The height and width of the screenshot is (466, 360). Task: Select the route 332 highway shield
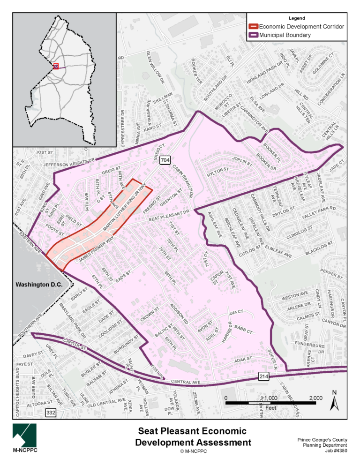coord(51,413)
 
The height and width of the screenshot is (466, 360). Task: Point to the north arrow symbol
coord(333,399)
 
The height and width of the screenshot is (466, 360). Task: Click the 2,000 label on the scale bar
coord(315,398)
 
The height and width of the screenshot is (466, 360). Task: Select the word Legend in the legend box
coord(296,18)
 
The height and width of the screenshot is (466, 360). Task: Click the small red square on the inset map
coord(56,67)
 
